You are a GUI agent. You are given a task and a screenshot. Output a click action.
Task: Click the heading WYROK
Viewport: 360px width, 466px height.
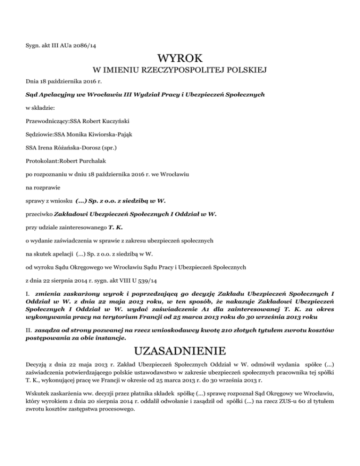(x=180, y=60)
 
